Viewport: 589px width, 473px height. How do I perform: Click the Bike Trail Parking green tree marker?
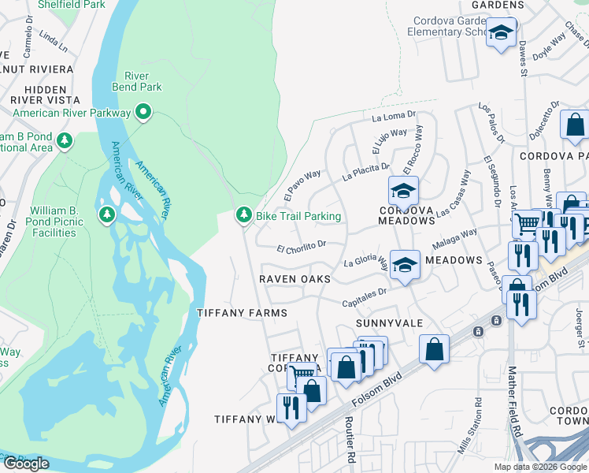244,216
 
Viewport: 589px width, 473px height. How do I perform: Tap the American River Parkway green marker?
143,114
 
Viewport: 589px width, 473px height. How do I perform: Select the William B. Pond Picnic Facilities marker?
106,215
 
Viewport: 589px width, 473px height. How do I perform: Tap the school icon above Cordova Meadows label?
403,191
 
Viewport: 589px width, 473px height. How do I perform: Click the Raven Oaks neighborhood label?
296,279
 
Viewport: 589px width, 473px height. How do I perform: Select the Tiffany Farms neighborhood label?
241,313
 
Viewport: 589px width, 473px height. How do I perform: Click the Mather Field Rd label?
517,402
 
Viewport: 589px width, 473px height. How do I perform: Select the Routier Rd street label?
349,440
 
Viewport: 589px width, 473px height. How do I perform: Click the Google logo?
26,464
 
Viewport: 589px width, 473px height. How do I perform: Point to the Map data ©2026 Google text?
539,467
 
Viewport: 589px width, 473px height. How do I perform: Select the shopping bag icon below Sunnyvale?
434,348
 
